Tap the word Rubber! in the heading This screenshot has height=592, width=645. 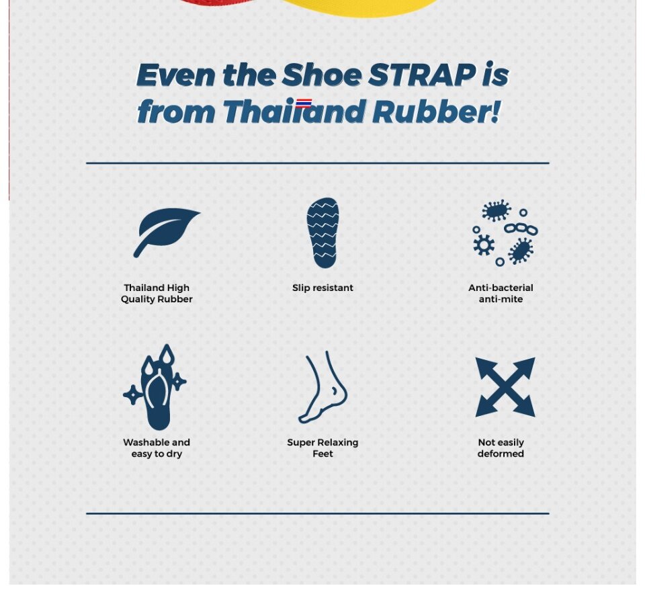click(x=437, y=112)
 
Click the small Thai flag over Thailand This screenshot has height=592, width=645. click(x=304, y=103)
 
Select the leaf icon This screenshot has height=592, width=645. click(x=166, y=232)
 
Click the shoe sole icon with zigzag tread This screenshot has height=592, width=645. click(x=323, y=233)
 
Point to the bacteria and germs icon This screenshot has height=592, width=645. click(x=505, y=232)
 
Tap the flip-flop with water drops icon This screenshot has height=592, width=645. click(x=155, y=387)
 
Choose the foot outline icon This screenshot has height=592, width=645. click(x=323, y=387)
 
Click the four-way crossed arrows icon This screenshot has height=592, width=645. click(x=505, y=387)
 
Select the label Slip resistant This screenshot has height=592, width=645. click(x=323, y=288)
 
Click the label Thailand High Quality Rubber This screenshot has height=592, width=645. click(x=157, y=294)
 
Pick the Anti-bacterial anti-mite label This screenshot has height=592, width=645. click(x=501, y=294)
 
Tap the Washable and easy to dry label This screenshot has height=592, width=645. click(x=157, y=448)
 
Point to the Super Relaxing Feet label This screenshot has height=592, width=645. click(x=323, y=448)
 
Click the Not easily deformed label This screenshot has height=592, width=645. click(x=501, y=448)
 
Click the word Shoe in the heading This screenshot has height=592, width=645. click(x=322, y=75)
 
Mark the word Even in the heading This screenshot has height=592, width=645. click(x=175, y=75)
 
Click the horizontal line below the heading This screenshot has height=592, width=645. click(x=318, y=163)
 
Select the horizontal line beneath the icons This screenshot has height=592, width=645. click(x=318, y=513)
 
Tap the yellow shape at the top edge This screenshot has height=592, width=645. click(x=358, y=7)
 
